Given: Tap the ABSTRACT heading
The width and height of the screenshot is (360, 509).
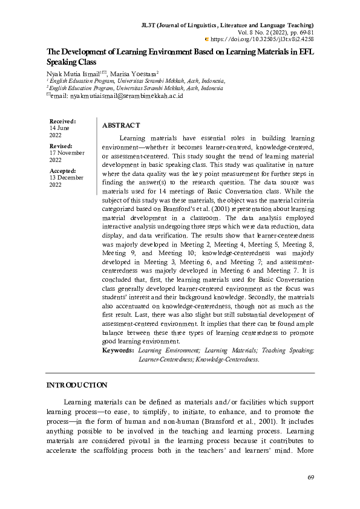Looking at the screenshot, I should point(121,125).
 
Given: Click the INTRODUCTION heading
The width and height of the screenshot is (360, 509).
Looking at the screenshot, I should point(77,385).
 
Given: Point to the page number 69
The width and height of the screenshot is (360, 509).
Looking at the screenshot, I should point(310,478).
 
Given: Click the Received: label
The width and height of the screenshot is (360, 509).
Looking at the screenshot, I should point(62,122).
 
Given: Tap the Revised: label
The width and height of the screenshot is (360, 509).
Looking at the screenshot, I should point(61,146).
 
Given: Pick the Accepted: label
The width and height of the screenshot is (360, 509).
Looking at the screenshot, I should point(62,171).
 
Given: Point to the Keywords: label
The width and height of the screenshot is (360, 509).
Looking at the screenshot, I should point(118,350).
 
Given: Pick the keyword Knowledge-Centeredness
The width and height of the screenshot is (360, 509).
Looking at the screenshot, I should point(227,358).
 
